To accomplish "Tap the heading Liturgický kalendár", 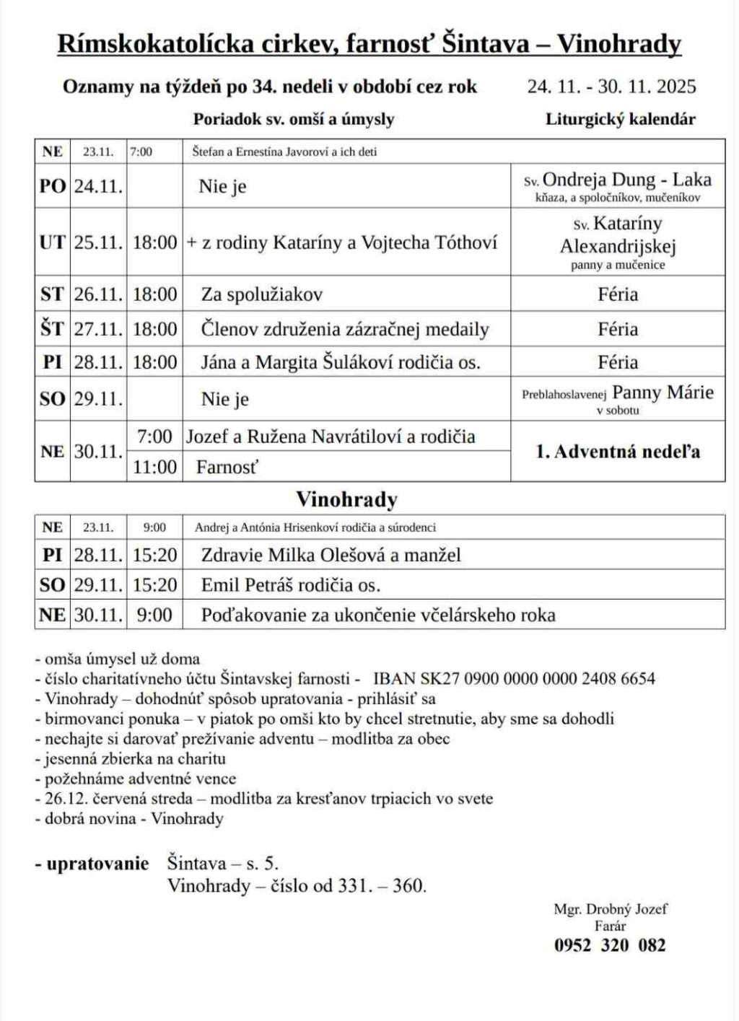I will [x=621, y=120].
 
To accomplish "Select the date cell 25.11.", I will [x=98, y=242].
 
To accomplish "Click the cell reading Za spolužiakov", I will [x=261, y=294].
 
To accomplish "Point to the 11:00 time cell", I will [x=154, y=467].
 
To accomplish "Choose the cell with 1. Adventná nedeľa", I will [x=618, y=452].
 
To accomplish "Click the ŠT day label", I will [x=52, y=329].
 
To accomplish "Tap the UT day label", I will [x=52, y=242].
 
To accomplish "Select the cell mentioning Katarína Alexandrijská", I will [x=618, y=243].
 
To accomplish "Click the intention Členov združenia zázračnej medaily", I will [x=345, y=329].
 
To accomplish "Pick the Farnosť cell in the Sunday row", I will [x=227, y=467].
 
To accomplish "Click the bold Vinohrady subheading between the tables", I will [x=346, y=499].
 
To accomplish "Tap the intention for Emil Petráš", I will [x=291, y=584].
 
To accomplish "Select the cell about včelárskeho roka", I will [x=378, y=615].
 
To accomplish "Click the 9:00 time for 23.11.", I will [x=154, y=527].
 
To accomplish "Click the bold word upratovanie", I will [x=97, y=864].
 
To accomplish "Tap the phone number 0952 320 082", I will [x=610, y=945].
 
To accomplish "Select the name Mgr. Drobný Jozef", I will [x=610, y=909].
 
